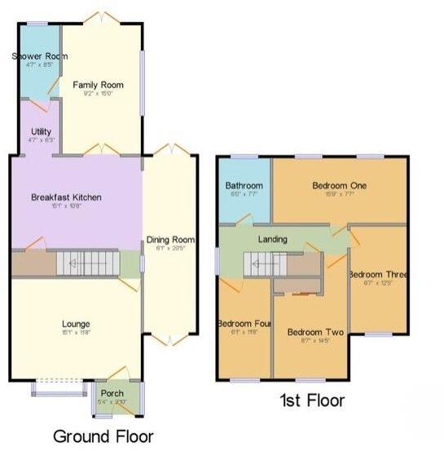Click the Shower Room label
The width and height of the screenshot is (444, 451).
pyautogui.click(x=39, y=56)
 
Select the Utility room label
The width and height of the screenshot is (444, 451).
pyautogui.click(x=42, y=130)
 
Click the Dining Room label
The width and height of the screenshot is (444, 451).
pyautogui.click(x=169, y=239)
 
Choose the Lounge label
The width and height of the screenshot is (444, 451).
pyautogui.click(x=74, y=324)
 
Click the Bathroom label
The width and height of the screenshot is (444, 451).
pyautogui.click(x=244, y=185)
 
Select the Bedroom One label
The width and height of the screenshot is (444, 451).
pyautogui.click(x=340, y=185)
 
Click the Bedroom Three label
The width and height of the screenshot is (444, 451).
pyautogui.click(x=377, y=275)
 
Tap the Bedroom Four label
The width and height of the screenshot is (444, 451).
pyautogui.click(x=244, y=324)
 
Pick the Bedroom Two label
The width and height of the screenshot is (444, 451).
pyautogui.click(x=310, y=332)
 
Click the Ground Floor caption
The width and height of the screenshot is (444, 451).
pyautogui.click(x=103, y=436)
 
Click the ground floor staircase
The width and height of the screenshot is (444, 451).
pyautogui.click(x=77, y=263)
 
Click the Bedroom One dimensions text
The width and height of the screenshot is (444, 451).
pyautogui.click(x=340, y=194)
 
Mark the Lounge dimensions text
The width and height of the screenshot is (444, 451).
pyautogui.click(x=74, y=333)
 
